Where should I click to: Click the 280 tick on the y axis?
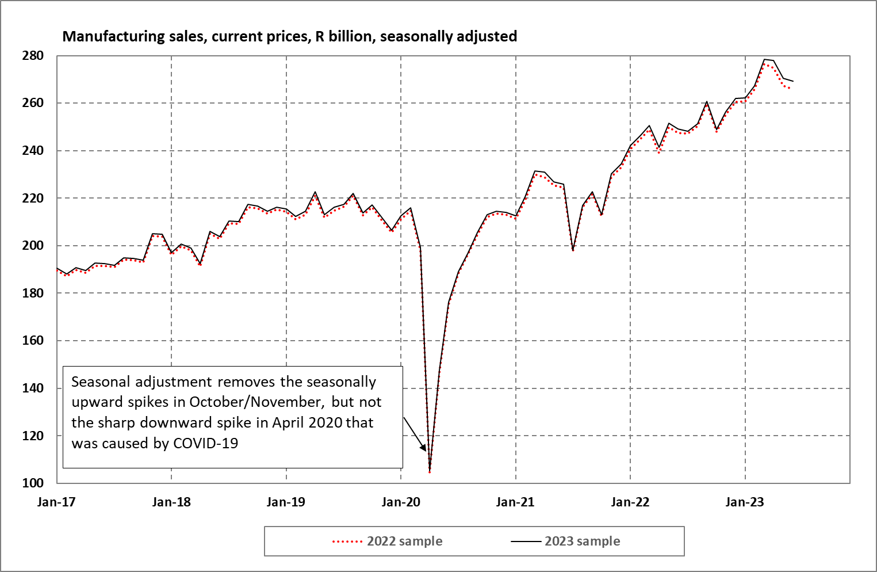[x=33, y=56]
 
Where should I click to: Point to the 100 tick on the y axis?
[x=33, y=483]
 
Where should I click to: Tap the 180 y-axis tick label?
[x=33, y=293]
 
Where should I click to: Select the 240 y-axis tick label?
[x=33, y=151]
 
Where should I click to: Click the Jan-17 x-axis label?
[x=56, y=502]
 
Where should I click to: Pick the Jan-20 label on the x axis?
[x=401, y=502]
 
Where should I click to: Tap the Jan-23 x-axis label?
[x=745, y=502]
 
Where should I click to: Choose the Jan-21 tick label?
[x=515, y=502]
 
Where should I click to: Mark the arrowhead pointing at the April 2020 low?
[x=423, y=448]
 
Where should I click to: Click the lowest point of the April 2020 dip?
[x=430, y=472]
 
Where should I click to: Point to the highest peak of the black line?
[x=764, y=59]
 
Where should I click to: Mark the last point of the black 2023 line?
[x=793, y=81]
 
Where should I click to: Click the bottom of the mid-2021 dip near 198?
[x=573, y=250]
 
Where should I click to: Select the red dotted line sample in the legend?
[x=347, y=542]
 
